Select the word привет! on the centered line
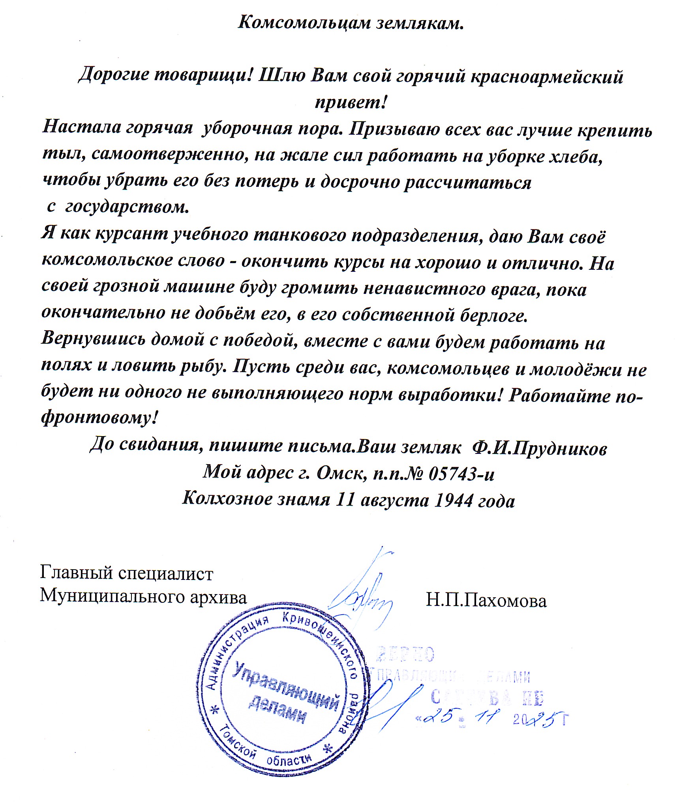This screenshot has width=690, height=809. pyautogui.click(x=351, y=103)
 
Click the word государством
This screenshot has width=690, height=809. pyautogui.click(x=127, y=207)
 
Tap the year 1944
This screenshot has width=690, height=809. pyautogui.click(x=453, y=500)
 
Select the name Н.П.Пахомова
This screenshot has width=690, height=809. pyautogui.click(x=486, y=601)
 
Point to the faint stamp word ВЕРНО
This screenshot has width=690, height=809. pyautogui.click(x=405, y=655)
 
